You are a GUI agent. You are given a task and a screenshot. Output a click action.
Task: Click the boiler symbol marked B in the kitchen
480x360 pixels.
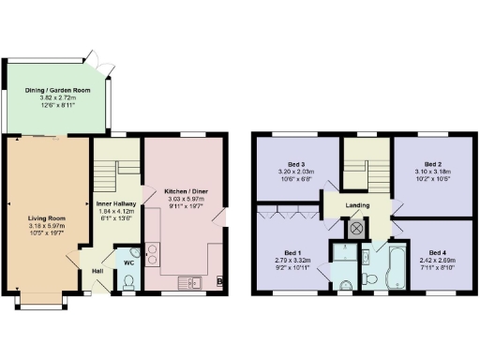coord(219,280)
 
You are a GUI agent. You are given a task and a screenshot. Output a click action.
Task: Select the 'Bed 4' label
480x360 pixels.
coord(437,253)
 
